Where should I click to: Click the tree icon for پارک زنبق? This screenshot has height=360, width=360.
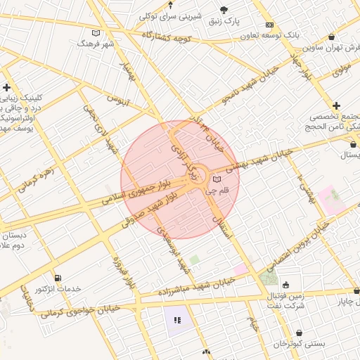(224, 10)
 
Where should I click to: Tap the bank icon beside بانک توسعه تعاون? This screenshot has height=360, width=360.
(270, 25)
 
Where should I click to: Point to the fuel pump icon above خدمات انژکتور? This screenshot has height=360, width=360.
(58, 278)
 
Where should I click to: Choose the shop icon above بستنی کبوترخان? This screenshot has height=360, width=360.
(300, 333)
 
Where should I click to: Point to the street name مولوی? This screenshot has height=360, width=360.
(340, 71)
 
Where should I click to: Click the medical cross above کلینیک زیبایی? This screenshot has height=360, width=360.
(7, 87)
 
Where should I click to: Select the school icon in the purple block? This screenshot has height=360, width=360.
(177, 320)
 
